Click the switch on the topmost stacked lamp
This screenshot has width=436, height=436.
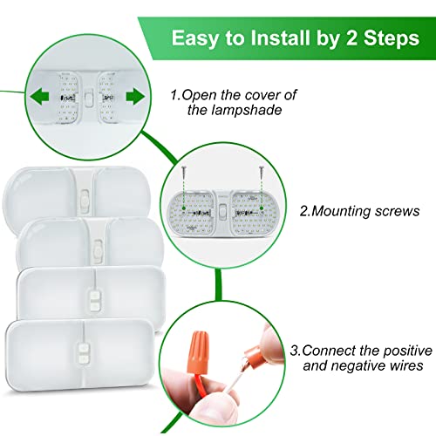pyautogui.click(x=84, y=200)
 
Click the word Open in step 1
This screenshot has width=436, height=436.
pyautogui.click(x=215, y=92)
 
